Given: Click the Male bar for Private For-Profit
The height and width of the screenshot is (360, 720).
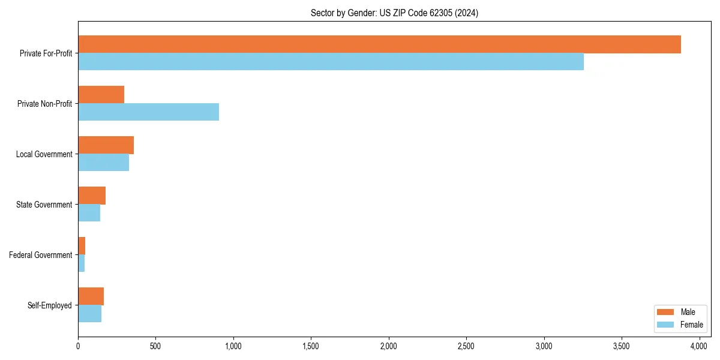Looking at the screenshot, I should (x=379, y=44).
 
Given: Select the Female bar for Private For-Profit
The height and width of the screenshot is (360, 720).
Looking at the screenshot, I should (x=331, y=62).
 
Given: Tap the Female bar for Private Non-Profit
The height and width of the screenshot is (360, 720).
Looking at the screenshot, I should (x=148, y=112).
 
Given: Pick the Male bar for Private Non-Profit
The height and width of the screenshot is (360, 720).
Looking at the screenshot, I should (x=101, y=95).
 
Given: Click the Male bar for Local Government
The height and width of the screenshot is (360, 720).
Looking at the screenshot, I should (x=106, y=145).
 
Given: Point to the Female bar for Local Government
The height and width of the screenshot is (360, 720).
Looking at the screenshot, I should (x=103, y=163).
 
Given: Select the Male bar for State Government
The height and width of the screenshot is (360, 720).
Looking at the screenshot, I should (x=92, y=196).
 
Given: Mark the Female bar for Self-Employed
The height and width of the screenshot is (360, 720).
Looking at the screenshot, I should (x=89, y=314).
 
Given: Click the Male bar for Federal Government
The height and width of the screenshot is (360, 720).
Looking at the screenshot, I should (x=82, y=246).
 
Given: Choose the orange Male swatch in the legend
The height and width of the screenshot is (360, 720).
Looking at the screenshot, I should (x=666, y=312).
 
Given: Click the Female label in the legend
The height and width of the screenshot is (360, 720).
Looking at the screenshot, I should (x=691, y=325).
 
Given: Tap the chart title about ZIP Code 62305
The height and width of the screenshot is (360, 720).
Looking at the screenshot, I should (x=394, y=13).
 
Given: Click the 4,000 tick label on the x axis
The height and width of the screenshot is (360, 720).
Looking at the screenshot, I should (x=700, y=346).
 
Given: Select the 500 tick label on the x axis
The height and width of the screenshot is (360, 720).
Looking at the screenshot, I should (x=155, y=346).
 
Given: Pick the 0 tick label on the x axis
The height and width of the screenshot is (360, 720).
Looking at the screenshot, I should (x=78, y=346).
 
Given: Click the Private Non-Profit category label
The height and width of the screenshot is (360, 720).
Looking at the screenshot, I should (x=44, y=104).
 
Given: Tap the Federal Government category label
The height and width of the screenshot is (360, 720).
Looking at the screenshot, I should (x=41, y=255).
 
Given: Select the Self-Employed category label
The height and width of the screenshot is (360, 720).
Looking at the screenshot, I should (x=50, y=305).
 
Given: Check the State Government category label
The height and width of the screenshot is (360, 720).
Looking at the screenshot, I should (x=44, y=205).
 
